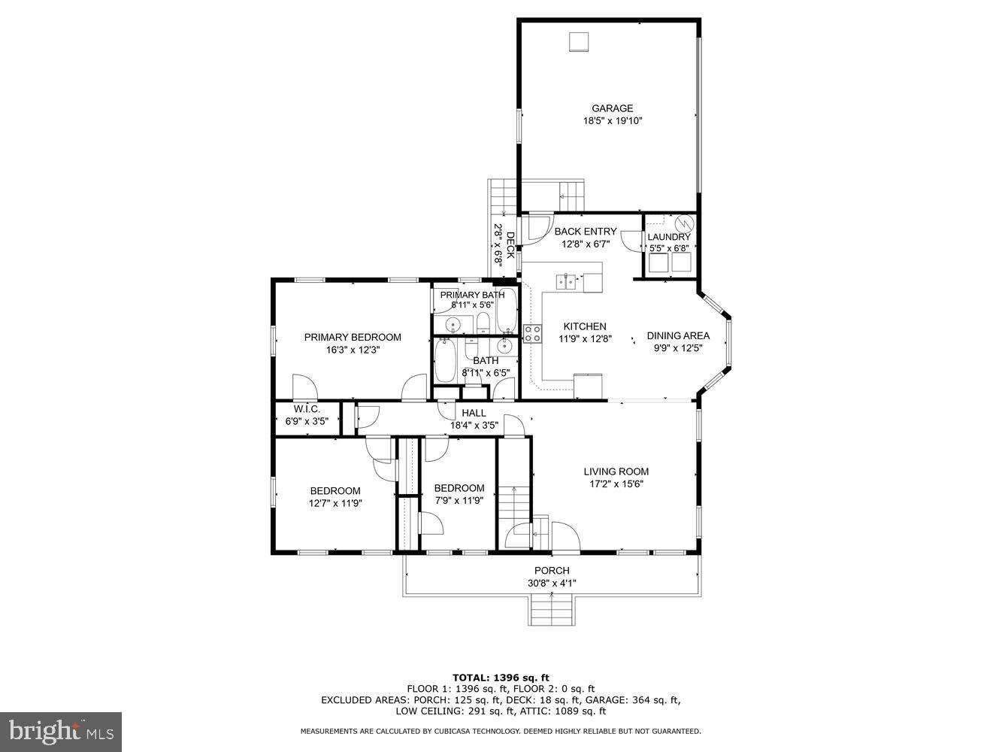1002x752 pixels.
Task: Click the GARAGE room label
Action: coord(612,108)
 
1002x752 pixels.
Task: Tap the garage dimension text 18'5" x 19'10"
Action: coord(613,121)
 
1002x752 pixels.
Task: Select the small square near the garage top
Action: coord(578,42)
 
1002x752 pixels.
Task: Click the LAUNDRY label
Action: coord(668,237)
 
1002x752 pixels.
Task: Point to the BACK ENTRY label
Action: coord(585,232)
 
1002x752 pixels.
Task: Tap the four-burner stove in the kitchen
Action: coord(533,334)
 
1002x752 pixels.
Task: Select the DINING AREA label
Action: coord(678,336)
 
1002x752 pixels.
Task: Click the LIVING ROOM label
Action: coord(616,472)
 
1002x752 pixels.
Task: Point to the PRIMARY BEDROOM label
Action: coord(352,338)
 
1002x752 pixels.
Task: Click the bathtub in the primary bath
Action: coord(507,310)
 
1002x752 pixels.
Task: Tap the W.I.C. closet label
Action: coord(306,409)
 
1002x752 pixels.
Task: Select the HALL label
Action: coord(474,413)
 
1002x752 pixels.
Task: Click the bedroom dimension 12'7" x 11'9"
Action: coord(335,504)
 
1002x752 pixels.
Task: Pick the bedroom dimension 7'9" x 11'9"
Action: coord(459,500)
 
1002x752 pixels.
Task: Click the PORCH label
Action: coord(552,571)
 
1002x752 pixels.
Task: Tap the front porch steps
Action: coord(552,608)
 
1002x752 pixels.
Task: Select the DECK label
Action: coord(510,245)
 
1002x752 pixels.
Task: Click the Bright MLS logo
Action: coord(61,731)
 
